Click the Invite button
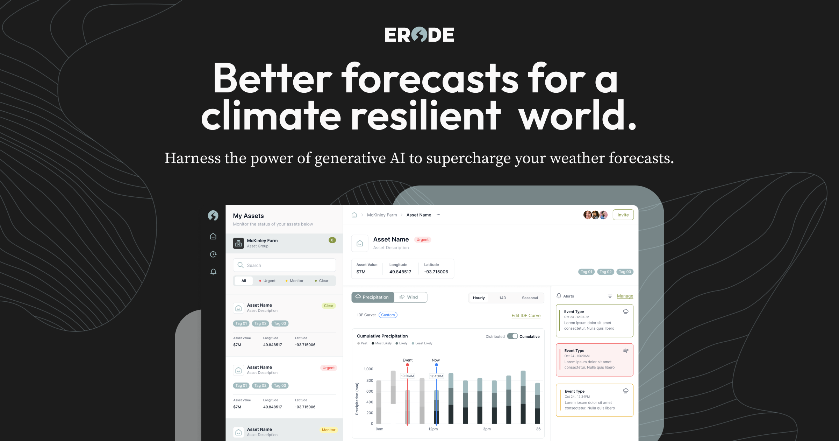[623, 215]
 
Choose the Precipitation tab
[372, 297]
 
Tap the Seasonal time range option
[530, 298]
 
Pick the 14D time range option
[502, 298]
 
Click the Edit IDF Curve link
[526, 315]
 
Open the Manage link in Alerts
[625, 296]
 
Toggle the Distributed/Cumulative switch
[512, 336]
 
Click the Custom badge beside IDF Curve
[388, 315]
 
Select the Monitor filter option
[294, 281]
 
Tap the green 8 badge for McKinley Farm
[332, 240]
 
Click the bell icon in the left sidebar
[213, 272]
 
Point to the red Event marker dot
[407, 365]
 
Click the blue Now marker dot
[436, 365]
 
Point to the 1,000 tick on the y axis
[368, 369]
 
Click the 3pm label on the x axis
[487, 429]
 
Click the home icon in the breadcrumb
[354, 215]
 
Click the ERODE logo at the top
[419, 35]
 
